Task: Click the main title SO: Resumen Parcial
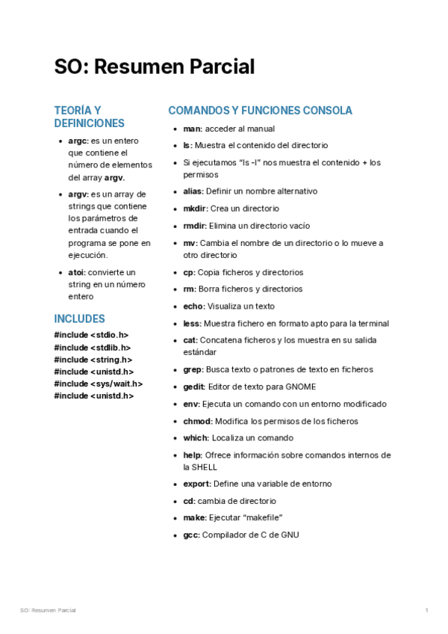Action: (155, 67)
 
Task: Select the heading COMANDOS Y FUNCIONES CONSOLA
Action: (260, 111)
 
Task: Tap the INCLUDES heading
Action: (79, 318)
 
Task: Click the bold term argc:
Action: (78, 141)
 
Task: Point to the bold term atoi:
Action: (77, 272)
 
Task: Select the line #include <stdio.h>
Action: (91, 335)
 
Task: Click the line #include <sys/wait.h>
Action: (98, 384)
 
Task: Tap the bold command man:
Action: (193, 129)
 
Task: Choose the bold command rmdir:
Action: (195, 226)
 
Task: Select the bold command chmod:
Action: (198, 421)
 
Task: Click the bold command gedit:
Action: (195, 387)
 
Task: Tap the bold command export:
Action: (197, 484)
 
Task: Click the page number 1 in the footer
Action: (426, 611)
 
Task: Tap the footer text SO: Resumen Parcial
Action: (48, 611)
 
